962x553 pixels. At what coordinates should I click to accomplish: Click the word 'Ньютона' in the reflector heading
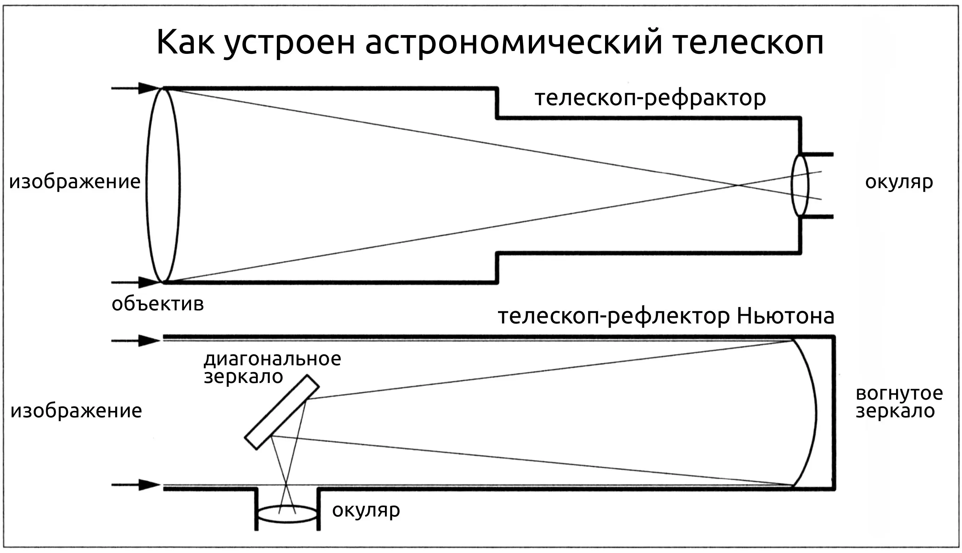[x=785, y=316]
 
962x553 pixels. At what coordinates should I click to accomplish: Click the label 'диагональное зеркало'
[x=273, y=368]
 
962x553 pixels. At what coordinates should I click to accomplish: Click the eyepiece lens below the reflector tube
[x=287, y=514]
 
